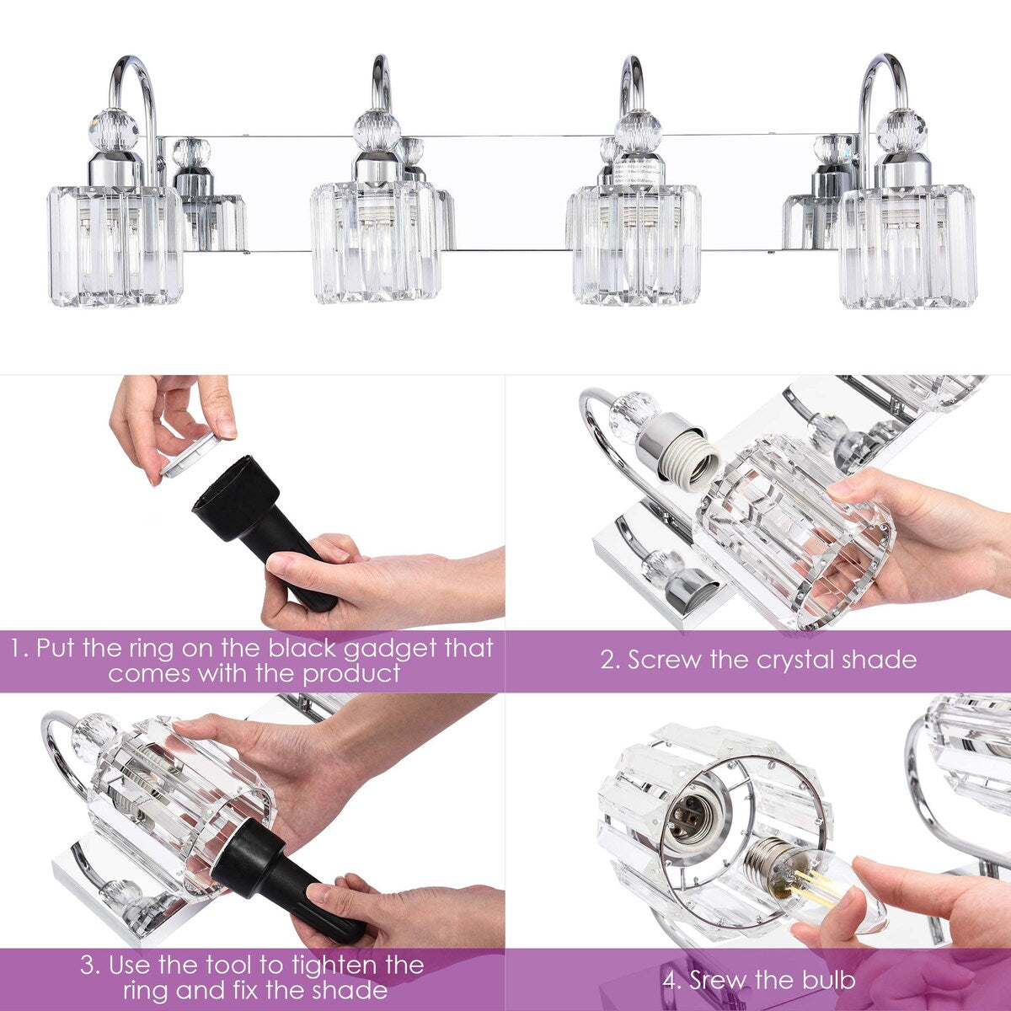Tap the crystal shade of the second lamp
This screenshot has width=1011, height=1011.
coord(375,242)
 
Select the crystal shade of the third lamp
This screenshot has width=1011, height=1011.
coord(636,244)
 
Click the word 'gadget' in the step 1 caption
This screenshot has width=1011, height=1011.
coord(394,649)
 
